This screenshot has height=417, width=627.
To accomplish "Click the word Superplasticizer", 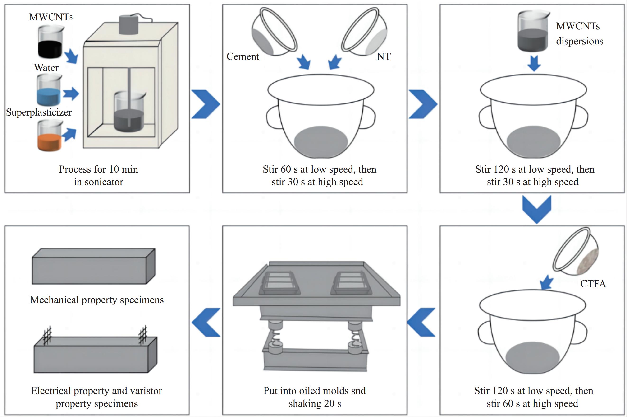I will (x=39, y=112).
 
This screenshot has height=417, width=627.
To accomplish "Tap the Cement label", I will (x=243, y=56).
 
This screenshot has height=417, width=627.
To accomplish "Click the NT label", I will (x=384, y=56).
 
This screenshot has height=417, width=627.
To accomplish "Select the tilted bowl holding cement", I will (x=274, y=32).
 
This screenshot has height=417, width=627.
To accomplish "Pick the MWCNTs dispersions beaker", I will (x=533, y=32).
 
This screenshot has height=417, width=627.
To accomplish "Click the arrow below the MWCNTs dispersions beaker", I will (x=534, y=63).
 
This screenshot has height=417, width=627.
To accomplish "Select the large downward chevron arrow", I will (x=536, y=209).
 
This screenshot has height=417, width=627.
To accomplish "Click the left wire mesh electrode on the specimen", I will (x=47, y=336).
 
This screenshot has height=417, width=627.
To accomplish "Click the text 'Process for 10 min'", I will (x=98, y=169).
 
